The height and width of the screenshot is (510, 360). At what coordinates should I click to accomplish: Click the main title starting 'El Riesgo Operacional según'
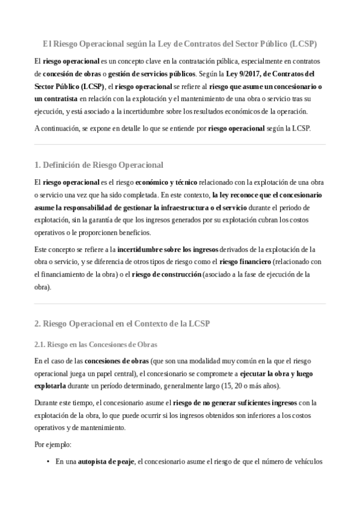pos(180,44)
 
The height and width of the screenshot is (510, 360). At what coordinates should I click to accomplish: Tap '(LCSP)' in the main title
pos(302,44)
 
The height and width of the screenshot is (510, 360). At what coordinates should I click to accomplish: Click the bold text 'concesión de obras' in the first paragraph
pos(67,75)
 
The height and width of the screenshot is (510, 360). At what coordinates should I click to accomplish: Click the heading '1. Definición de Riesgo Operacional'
pos(99,165)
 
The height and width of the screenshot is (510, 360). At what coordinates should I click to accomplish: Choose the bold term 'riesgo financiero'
pos(245,262)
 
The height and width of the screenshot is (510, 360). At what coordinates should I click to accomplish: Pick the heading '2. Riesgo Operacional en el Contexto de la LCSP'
pos(122,324)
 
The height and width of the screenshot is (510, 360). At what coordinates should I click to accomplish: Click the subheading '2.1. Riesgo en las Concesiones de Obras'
pos(96,345)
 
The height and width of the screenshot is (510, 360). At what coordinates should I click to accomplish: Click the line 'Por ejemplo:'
pos(52,445)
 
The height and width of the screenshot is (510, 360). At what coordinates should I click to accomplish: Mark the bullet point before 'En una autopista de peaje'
pos(47,462)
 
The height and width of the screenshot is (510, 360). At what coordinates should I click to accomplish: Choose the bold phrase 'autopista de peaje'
pos(104,462)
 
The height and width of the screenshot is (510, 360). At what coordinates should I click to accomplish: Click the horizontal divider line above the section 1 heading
pos(180,144)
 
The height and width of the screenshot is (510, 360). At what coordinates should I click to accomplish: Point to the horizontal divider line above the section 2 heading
pos(180,304)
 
